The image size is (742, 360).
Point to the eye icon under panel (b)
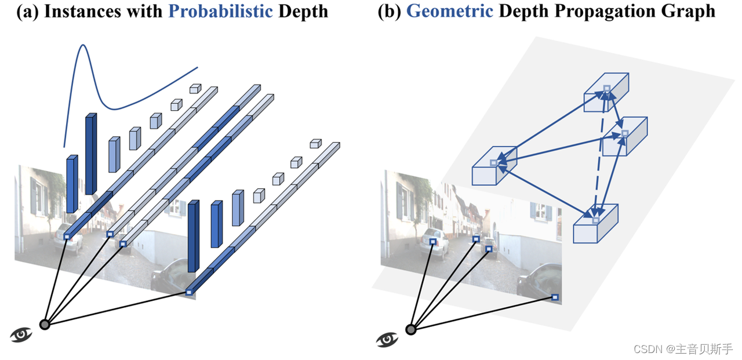(387, 339)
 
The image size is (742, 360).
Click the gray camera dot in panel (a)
(45, 325)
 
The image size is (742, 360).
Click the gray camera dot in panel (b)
(411, 330)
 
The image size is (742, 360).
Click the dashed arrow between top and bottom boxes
(601, 157)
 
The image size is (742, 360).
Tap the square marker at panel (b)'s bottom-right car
(555, 297)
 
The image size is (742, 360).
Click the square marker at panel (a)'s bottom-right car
(188, 292)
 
